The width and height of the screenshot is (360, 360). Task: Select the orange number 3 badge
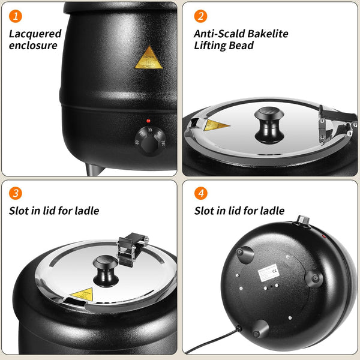coord(14,194)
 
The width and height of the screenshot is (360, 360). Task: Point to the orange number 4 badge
coord(201,194)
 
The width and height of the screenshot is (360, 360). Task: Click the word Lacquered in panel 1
coord(35,34)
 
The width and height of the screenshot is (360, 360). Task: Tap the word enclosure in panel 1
coord(33,46)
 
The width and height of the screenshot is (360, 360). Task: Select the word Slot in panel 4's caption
coord(204,211)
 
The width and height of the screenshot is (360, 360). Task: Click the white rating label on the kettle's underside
coord(268,274)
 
